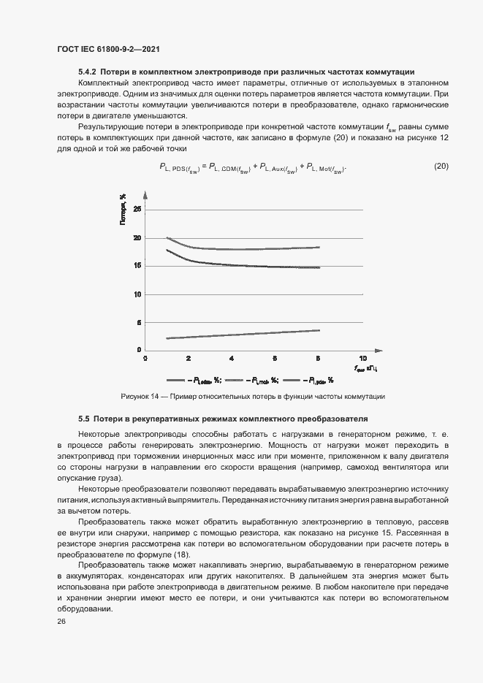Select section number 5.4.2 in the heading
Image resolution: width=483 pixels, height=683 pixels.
click(x=88, y=72)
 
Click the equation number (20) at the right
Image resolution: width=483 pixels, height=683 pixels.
click(x=441, y=166)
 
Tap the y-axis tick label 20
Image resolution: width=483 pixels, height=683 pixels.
click(x=137, y=238)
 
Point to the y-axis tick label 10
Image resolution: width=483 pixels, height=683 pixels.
click(x=137, y=294)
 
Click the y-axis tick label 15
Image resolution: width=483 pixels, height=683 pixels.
click(x=137, y=266)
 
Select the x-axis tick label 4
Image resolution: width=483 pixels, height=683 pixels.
click(x=232, y=359)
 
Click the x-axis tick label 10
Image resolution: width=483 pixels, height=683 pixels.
click(x=361, y=359)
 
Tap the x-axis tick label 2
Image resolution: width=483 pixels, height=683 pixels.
click(x=189, y=359)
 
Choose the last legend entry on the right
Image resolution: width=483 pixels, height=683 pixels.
click(x=308, y=381)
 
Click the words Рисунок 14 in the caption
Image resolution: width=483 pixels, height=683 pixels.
click(x=140, y=397)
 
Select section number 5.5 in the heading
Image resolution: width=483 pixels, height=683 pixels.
click(x=83, y=419)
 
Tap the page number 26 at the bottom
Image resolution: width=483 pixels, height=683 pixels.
click(x=61, y=622)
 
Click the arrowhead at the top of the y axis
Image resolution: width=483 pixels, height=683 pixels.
click(x=145, y=194)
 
